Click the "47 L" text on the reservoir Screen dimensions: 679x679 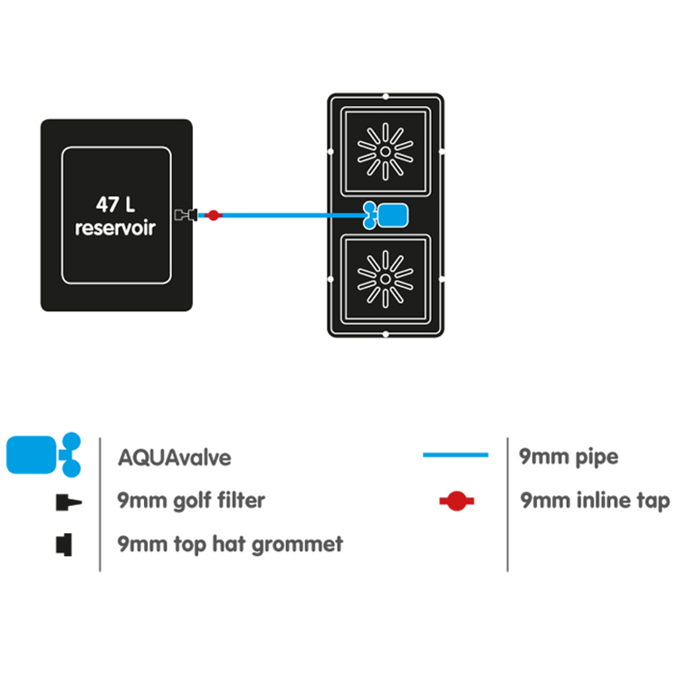(x=115, y=205)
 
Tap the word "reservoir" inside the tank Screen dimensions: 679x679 (x=115, y=228)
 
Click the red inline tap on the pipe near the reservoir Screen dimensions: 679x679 (x=213, y=215)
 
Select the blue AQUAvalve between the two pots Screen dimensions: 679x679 (x=386, y=215)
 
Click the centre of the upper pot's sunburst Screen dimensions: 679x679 (x=386, y=151)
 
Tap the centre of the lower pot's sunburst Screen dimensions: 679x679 (x=386, y=280)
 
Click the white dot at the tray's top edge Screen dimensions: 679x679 (x=386, y=96)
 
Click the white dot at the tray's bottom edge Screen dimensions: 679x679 (x=386, y=334)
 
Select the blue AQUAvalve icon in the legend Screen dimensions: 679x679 (x=43, y=454)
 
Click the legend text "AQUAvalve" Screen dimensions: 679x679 (x=175, y=458)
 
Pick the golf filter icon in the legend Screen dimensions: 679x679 (x=69, y=502)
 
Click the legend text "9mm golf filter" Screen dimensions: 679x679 (x=191, y=501)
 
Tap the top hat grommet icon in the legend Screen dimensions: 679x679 (x=64, y=544)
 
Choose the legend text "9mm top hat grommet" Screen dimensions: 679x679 (x=230, y=544)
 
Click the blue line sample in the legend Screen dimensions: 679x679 (x=455, y=454)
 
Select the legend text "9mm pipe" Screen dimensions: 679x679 (x=569, y=457)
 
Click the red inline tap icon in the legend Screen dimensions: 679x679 (x=456, y=501)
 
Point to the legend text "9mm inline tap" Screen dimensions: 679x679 (x=595, y=501)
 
